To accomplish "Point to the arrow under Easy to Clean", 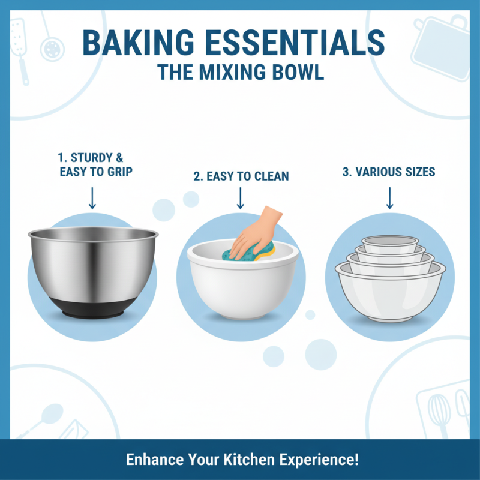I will [x=241, y=197].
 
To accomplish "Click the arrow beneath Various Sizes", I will [x=389, y=197].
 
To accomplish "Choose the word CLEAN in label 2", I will [x=269, y=176].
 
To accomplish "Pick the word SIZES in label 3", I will [x=418, y=172].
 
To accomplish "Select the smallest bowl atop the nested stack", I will [x=389, y=242].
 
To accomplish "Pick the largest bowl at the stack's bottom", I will [x=389, y=297].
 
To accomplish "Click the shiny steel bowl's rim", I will [x=93, y=233].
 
